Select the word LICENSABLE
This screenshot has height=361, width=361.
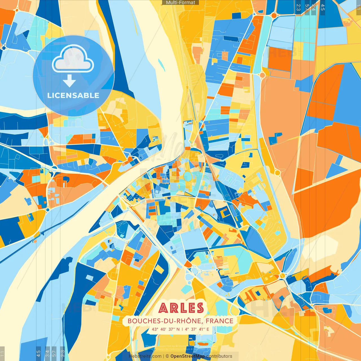(x=73, y=95)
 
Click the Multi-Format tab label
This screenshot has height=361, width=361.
(x=180, y=3)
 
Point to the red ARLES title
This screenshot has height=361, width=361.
(x=181, y=308)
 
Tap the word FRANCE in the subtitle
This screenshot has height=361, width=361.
(x=219, y=321)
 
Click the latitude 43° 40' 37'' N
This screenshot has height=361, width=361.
(x=166, y=329)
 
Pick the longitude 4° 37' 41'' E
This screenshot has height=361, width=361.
(x=197, y=329)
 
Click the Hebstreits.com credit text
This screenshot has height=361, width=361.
(x=145, y=356)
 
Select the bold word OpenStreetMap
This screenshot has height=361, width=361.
(x=188, y=356)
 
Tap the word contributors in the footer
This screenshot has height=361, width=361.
(x=219, y=356)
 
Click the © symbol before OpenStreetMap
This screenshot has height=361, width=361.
(x=167, y=356)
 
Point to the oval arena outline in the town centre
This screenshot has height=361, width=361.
(x=188, y=177)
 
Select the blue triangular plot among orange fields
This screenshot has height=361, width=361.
(x=336, y=170)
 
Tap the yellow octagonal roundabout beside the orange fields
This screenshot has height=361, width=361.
(x=278, y=172)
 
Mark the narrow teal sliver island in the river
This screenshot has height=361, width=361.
(x=161, y=65)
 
